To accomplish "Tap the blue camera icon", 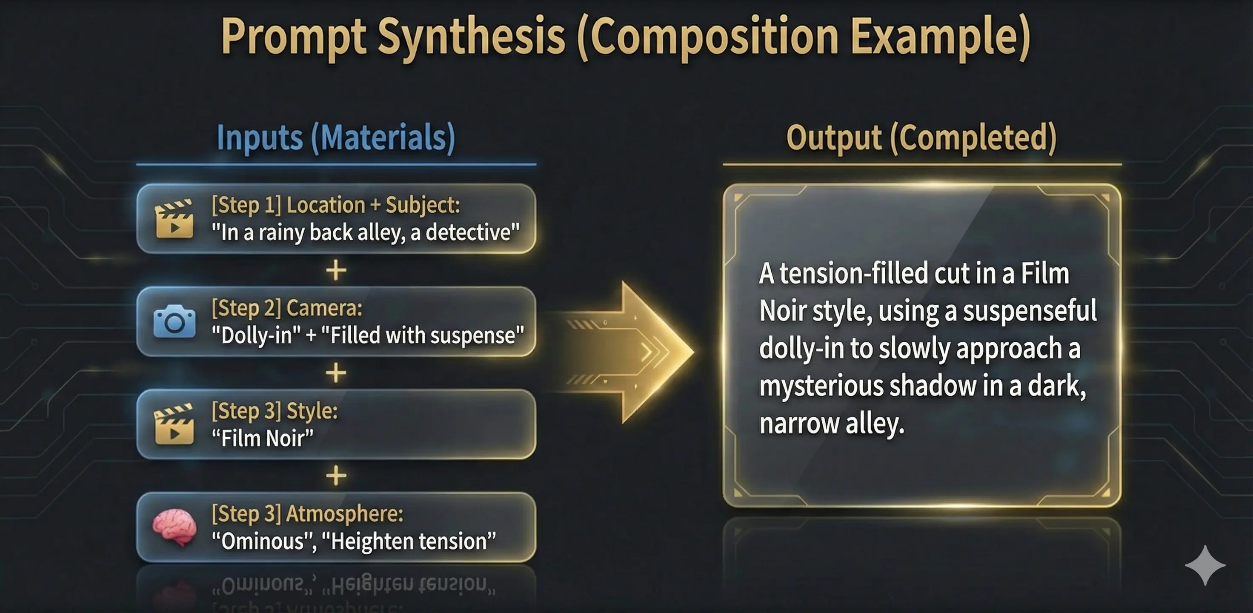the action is (x=175, y=321).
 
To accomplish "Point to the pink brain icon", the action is (x=175, y=527).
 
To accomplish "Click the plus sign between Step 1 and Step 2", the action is (x=336, y=270).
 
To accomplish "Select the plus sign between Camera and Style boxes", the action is (x=336, y=373).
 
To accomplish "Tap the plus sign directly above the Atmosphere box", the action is (x=336, y=476).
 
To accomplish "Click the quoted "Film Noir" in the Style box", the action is (x=263, y=438).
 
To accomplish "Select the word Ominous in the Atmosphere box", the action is (x=263, y=541).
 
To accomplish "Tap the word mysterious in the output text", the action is (x=820, y=386).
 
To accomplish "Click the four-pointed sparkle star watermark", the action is (x=1205, y=565).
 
